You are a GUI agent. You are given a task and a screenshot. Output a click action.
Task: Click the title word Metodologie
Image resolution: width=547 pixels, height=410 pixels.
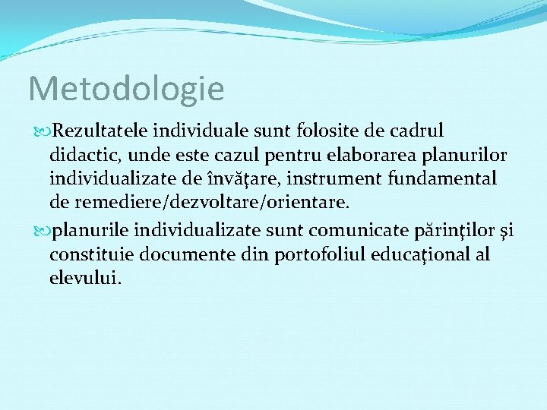(126, 89)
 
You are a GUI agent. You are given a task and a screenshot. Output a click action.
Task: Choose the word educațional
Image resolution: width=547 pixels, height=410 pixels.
(422, 254)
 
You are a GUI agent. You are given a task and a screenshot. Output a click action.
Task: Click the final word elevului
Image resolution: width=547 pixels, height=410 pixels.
(84, 278)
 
